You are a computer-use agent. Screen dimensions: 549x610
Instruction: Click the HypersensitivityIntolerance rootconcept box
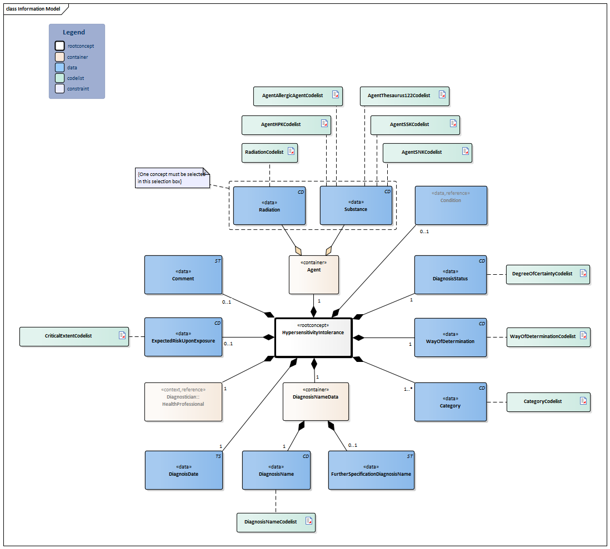click(313, 338)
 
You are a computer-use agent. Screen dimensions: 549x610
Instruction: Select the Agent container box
click(313, 274)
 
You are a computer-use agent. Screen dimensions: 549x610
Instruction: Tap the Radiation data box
click(269, 205)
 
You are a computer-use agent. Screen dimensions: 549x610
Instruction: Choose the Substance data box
click(356, 205)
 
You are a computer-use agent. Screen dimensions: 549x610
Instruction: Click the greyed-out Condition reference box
click(451, 205)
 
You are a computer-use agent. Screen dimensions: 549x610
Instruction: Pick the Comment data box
click(183, 274)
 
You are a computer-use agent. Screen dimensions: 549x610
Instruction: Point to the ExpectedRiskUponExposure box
click(183, 337)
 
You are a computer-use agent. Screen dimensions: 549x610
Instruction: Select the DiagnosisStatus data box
click(450, 274)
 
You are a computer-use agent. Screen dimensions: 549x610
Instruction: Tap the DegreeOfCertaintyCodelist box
click(547, 274)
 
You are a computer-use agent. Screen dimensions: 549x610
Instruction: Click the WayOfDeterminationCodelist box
click(547, 336)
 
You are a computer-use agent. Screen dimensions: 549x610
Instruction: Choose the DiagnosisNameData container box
click(316, 401)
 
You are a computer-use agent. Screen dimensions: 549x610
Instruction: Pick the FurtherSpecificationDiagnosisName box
click(371, 470)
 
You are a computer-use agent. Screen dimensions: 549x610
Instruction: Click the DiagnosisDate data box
click(183, 470)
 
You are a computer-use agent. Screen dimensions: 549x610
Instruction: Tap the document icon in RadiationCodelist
click(291, 152)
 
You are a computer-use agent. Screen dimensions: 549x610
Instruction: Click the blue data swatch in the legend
click(59, 67)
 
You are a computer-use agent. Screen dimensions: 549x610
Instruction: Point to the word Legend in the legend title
click(74, 33)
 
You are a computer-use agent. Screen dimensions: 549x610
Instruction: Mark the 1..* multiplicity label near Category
click(408, 389)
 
